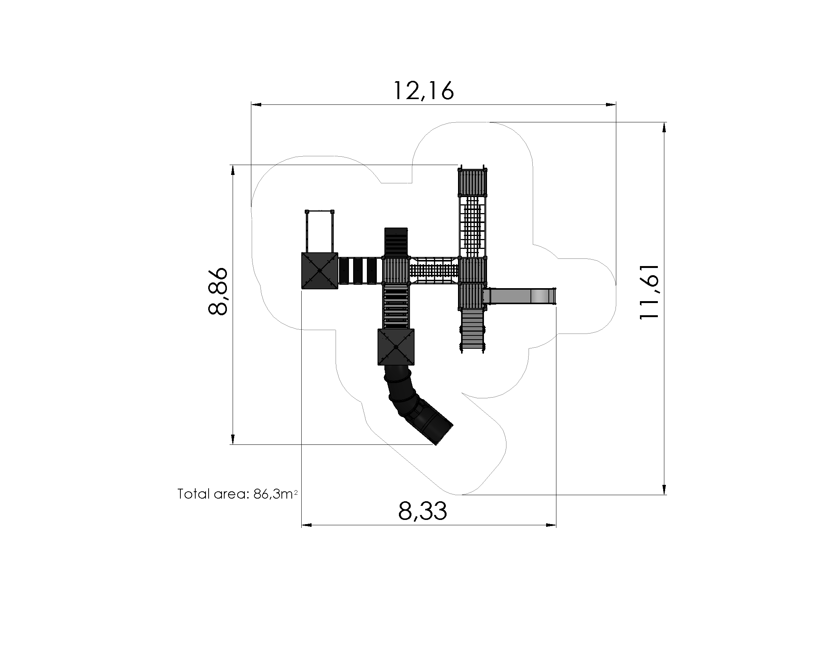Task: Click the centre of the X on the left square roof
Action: tap(320, 271)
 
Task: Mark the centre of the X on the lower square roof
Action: tap(396, 347)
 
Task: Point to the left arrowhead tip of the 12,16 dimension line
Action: tap(251, 104)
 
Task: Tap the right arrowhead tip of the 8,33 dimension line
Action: tap(556, 525)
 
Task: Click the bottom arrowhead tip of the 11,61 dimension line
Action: tap(664, 495)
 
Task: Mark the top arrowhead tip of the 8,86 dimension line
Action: tap(232, 165)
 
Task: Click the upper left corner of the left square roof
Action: tap(302, 253)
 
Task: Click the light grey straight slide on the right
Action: tap(519, 296)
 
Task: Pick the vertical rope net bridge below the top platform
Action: tap(473, 226)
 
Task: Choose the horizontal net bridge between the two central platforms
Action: tap(434, 271)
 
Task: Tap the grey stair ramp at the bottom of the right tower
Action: tap(473, 330)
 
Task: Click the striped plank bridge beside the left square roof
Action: tap(360, 271)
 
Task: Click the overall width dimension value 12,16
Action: tap(424, 91)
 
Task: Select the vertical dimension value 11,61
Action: tap(649, 292)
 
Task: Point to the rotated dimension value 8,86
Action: tap(217, 292)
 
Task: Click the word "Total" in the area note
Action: tap(194, 494)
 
